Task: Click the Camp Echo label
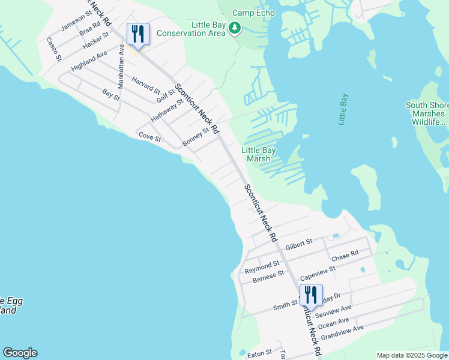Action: click(x=254, y=13)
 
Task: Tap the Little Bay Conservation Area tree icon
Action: click(x=235, y=28)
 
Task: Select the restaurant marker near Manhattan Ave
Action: click(x=139, y=35)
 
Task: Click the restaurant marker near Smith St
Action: click(x=311, y=296)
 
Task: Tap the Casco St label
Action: click(x=54, y=49)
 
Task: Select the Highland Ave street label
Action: click(x=89, y=61)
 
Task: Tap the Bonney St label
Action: click(x=195, y=137)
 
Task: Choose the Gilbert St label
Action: click(x=299, y=244)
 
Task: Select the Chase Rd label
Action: click(x=345, y=256)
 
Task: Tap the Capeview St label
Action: click(x=318, y=273)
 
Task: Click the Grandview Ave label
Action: click(x=342, y=333)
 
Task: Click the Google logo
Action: click(x=20, y=353)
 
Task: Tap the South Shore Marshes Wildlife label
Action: click(x=425, y=113)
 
